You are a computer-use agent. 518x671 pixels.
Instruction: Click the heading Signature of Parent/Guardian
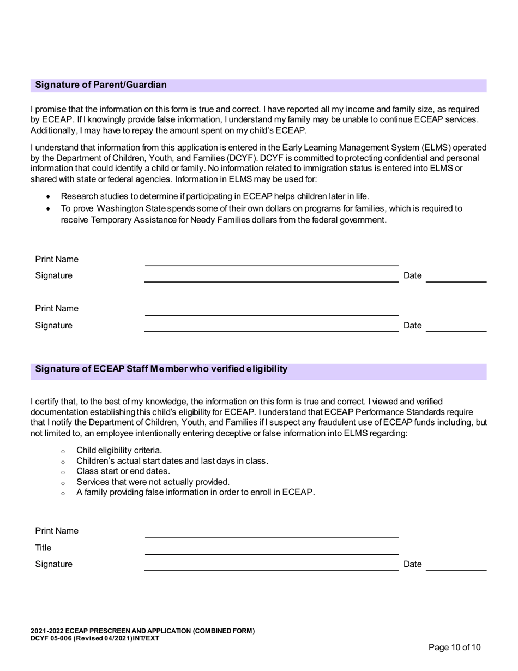click(x=101, y=85)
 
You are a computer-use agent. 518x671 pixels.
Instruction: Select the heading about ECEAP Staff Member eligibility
click(x=161, y=369)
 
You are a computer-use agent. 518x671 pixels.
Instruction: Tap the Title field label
click(x=43, y=548)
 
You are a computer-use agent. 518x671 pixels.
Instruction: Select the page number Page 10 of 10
click(x=455, y=648)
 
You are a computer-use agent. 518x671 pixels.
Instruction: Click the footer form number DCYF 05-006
click(x=55, y=639)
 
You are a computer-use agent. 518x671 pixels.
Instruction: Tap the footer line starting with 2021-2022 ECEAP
click(x=142, y=632)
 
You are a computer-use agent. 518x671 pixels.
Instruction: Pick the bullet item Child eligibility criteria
click(x=119, y=450)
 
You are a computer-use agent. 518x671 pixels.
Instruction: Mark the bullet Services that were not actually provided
click(x=153, y=482)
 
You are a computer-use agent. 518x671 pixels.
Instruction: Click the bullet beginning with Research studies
click(x=214, y=196)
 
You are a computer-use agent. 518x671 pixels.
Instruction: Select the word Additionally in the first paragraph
click(x=53, y=130)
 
